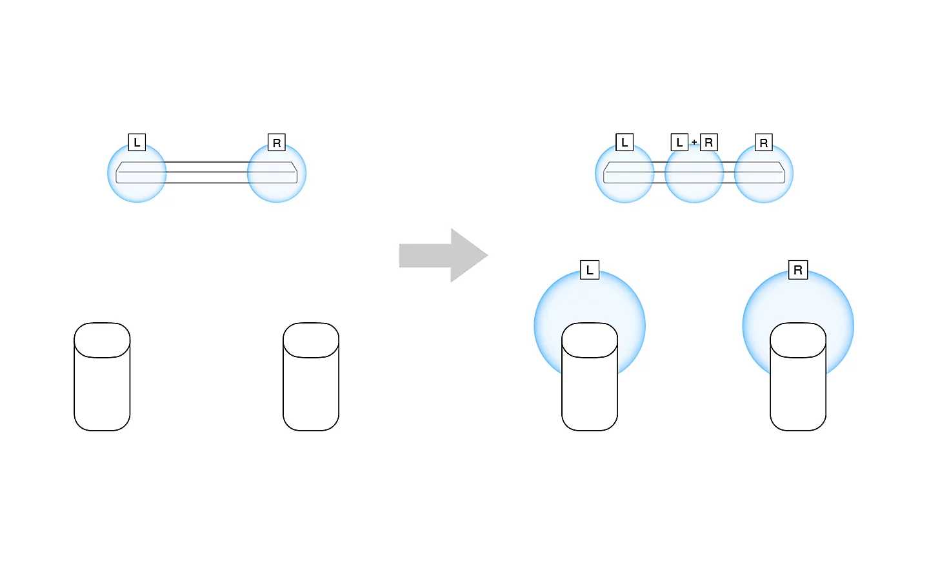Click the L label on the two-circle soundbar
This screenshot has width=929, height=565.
pyautogui.click(x=137, y=143)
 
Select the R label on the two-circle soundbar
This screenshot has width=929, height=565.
pyautogui.click(x=277, y=143)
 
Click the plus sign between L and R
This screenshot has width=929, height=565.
pyautogui.click(x=694, y=143)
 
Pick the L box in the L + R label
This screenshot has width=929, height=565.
pyautogui.click(x=679, y=143)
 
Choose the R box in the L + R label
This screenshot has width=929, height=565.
pyautogui.click(x=709, y=143)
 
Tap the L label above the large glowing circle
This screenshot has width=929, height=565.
pyautogui.click(x=590, y=270)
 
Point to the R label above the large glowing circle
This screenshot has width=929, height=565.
pyautogui.click(x=798, y=270)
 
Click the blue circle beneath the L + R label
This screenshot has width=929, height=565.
pyautogui.click(x=694, y=173)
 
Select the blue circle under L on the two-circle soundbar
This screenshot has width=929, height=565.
pyautogui.click(x=137, y=173)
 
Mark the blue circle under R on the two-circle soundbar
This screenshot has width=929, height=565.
pyautogui.click(x=277, y=173)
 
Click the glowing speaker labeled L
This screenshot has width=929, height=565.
pyautogui.click(x=590, y=376)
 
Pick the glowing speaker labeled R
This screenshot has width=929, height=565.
pyautogui.click(x=798, y=376)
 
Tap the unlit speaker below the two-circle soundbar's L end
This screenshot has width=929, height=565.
pyautogui.click(x=102, y=376)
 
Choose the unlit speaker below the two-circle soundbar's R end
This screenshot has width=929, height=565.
pyautogui.click(x=311, y=376)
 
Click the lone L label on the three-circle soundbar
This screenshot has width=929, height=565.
pyautogui.click(x=624, y=143)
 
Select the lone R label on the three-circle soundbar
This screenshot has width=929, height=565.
pyautogui.click(x=764, y=143)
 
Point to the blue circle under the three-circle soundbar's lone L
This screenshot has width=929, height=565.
pyautogui.click(x=624, y=173)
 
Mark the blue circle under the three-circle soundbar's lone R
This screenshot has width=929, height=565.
pyautogui.click(x=764, y=173)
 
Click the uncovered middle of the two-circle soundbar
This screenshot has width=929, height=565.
pyautogui.click(x=206, y=172)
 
